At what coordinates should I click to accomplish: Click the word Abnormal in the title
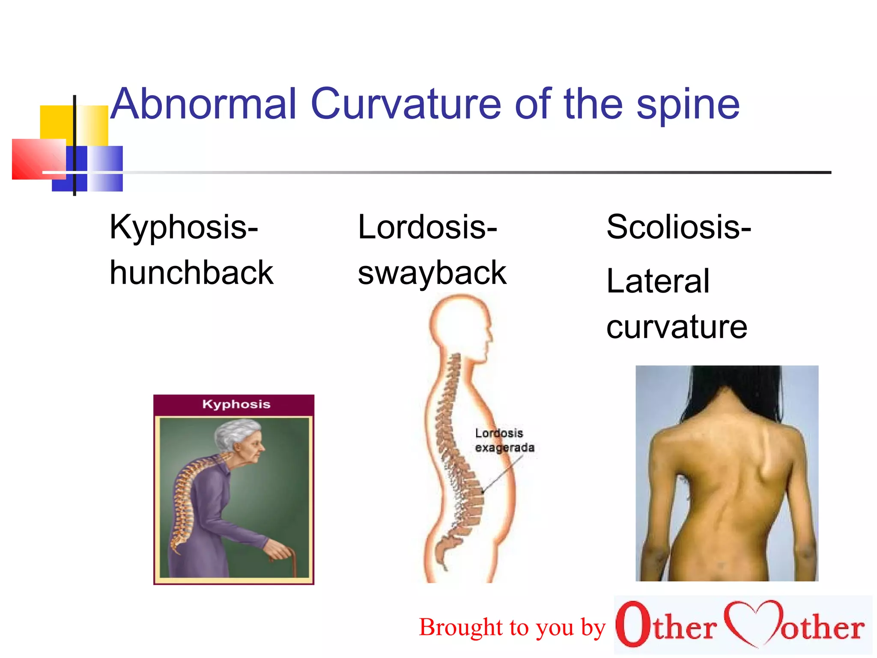[x=204, y=104]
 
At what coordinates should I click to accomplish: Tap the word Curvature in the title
[x=406, y=104]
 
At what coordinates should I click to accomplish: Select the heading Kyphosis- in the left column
[x=184, y=227]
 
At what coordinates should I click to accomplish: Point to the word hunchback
[x=191, y=272]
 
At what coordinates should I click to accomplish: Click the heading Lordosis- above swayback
[x=427, y=227]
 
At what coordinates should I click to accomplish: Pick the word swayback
[x=432, y=273]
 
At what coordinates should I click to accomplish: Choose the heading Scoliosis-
[x=679, y=227]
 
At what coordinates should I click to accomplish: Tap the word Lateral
[x=658, y=281]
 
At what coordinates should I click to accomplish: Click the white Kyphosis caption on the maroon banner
[x=236, y=404]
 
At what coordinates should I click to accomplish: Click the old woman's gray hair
[x=234, y=433]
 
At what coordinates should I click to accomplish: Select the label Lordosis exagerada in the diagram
[x=504, y=440]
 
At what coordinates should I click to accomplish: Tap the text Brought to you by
[x=512, y=628]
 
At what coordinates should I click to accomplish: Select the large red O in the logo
[x=633, y=623]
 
